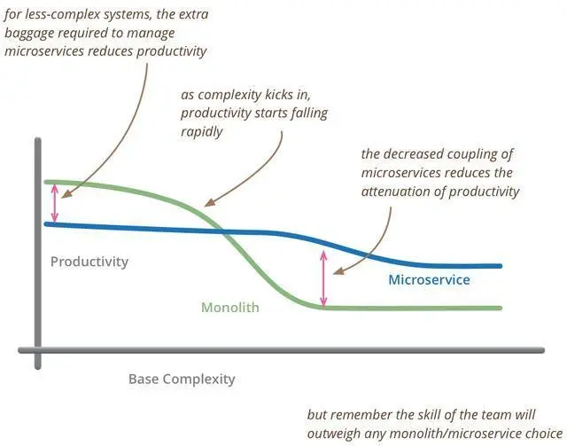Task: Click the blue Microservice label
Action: pos(429,280)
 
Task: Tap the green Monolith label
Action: pos(229,309)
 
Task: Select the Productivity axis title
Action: pos(89,262)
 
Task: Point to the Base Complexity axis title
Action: pos(182,379)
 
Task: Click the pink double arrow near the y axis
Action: pos(55,203)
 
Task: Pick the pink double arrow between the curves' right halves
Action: pos(324,278)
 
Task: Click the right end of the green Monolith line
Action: pos(501,308)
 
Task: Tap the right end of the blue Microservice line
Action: pos(501,265)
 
